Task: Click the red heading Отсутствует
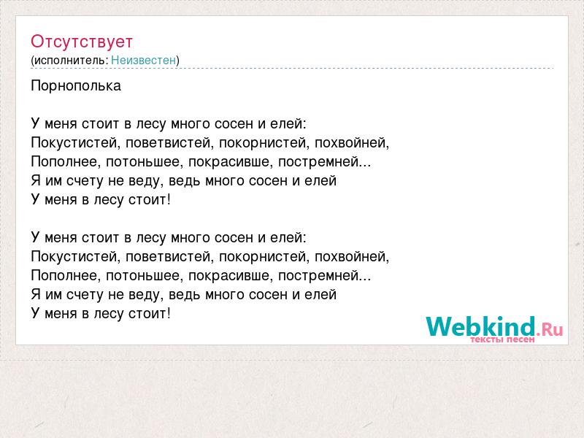coord(82,42)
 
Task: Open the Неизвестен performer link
coord(143,61)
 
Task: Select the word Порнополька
coord(76,86)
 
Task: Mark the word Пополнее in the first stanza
coord(66,162)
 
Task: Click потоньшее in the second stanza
coord(145,276)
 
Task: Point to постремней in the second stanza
coord(318,276)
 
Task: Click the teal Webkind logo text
coord(481,326)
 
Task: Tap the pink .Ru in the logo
coord(550,329)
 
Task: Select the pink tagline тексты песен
coord(502,339)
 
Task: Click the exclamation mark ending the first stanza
coord(169,199)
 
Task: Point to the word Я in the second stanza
coord(36,295)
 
